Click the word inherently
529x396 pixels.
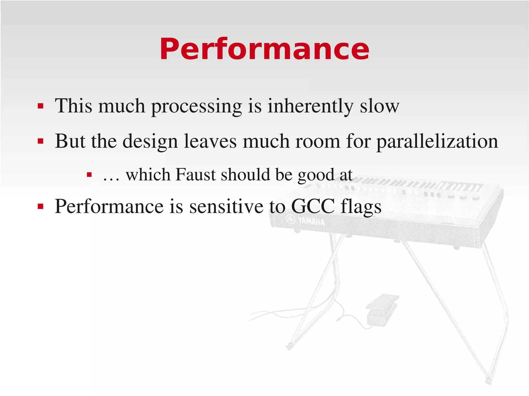[310, 106]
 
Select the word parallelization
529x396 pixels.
[437, 141]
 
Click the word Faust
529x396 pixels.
[195, 175]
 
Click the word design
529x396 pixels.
[150, 141]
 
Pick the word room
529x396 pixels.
[318, 141]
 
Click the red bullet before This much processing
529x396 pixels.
[40, 106]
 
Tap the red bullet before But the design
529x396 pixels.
[40, 141]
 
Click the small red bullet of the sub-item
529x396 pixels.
[89, 175]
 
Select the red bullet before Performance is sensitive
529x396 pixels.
[40, 206]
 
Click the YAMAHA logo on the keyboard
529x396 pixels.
[306, 221]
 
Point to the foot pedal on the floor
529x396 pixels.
[381, 310]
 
